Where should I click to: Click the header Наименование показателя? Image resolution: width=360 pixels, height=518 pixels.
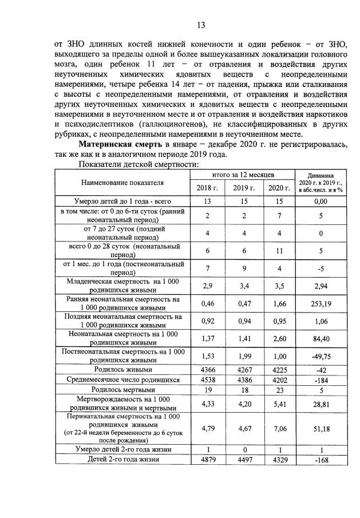(122, 183)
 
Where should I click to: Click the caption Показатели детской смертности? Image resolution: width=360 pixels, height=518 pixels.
(137, 164)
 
